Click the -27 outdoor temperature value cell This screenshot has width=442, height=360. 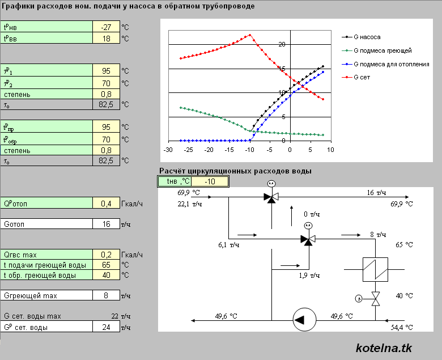point(107,27)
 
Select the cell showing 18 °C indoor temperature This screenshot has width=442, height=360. point(107,39)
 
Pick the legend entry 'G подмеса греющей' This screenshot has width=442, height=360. point(377,51)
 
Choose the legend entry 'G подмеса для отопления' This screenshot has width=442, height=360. point(385,64)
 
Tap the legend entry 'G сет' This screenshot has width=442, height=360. point(356,77)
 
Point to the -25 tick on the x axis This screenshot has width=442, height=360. point(188,150)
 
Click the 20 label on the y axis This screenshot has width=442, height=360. point(282,44)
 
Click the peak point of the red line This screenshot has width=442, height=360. point(250,35)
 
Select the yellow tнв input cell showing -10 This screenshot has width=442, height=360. point(210,181)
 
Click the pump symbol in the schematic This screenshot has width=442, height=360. point(304,320)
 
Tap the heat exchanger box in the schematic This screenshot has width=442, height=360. point(375,269)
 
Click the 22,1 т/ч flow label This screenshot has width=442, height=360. point(190,204)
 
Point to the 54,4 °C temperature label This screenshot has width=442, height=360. point(402,328)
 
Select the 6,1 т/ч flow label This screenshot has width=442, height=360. point(228,245)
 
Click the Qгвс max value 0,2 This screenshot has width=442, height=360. point(107,255)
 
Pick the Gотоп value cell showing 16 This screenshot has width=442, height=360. point(107,224)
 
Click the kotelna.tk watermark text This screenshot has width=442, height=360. point(384,348)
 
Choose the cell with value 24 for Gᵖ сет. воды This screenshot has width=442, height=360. point(107,327)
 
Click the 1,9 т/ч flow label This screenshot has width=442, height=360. point(309,276)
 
